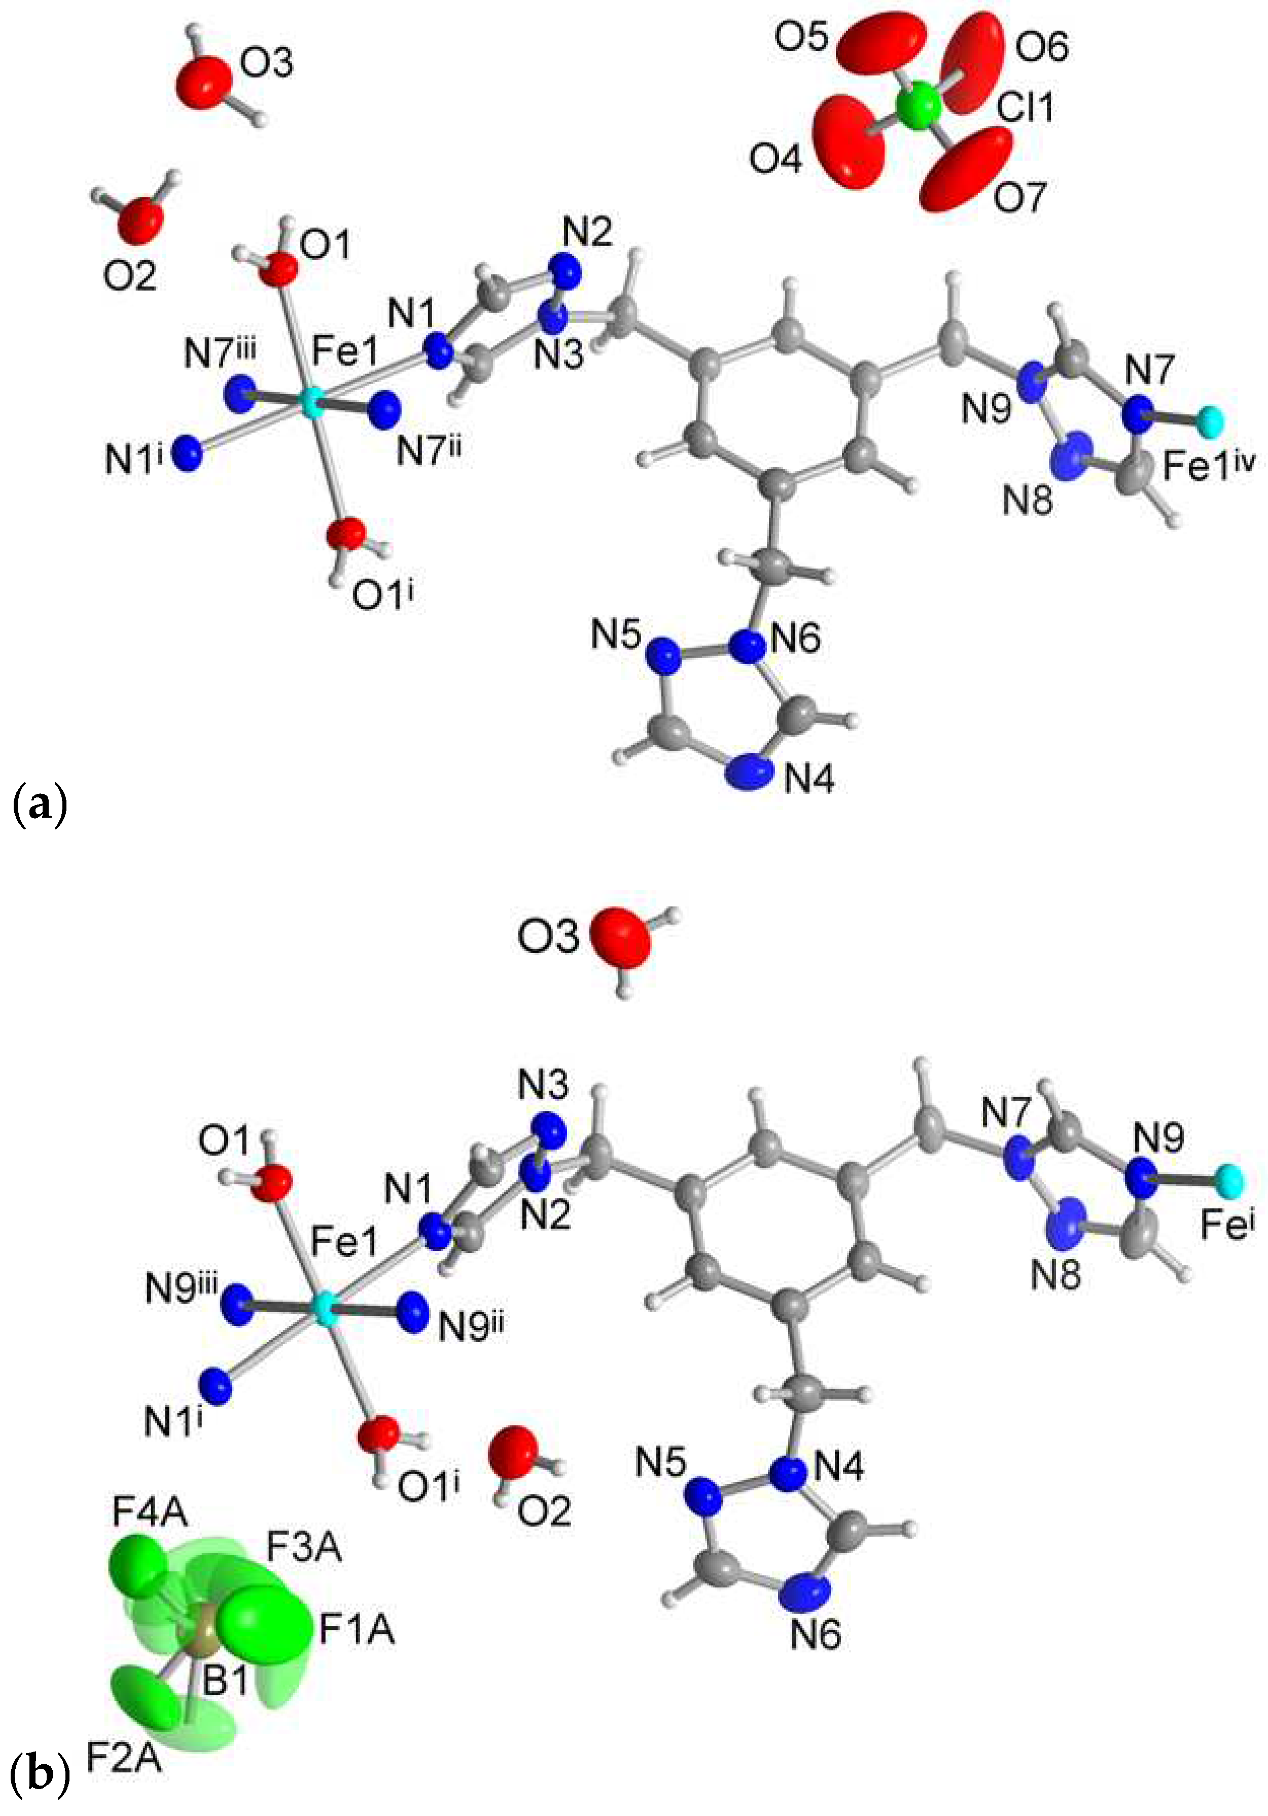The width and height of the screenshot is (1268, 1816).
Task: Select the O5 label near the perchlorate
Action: click(800, 37)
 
